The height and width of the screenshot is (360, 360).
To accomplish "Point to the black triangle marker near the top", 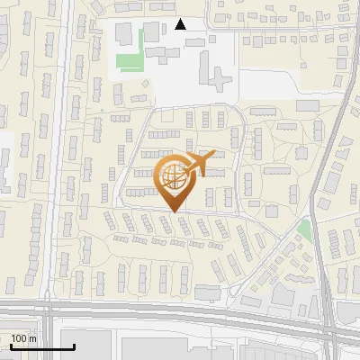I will [181, 24].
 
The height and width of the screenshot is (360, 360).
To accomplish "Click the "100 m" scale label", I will [23, 338].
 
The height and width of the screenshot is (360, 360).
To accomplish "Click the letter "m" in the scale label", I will [32, 338].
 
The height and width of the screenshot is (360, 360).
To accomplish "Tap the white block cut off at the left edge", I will [4, 162].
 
